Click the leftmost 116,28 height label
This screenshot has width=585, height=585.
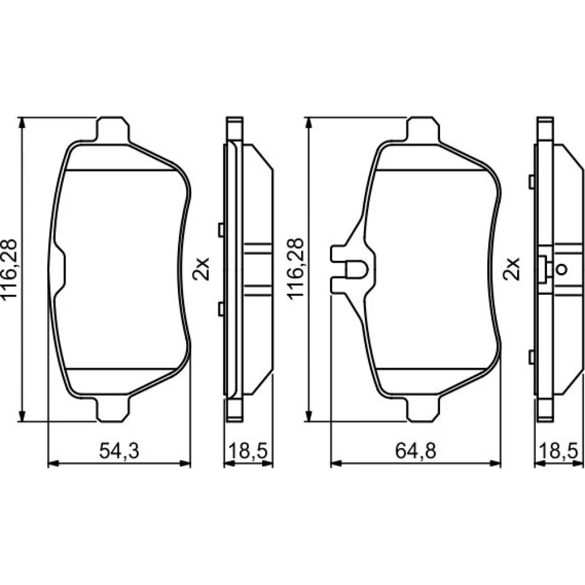[9, 269]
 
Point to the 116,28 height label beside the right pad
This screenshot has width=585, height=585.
[296, 269]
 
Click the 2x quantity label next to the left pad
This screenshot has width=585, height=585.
[201, 269]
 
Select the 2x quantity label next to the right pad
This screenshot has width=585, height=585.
[511, 269]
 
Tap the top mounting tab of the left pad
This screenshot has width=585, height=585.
[113, 129]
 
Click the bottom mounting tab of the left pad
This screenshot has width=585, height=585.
[113, 409]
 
